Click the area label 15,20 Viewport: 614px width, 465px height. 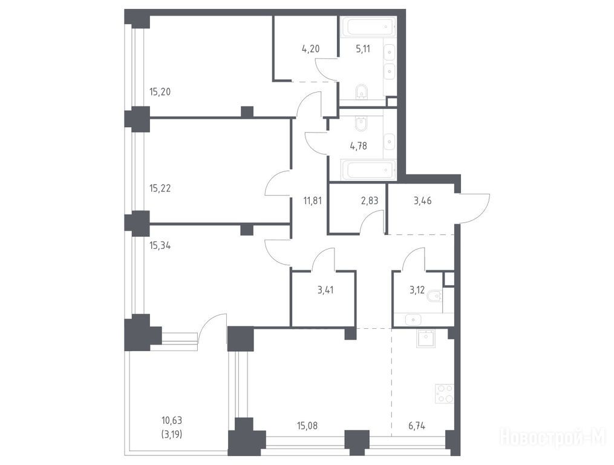[x=160, y=92]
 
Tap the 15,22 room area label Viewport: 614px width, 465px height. [x=160, y=188]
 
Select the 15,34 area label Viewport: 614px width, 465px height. [x=160, y=246]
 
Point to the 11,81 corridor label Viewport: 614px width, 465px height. [x=312, y=201]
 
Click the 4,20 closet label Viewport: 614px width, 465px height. [x=310, y=49]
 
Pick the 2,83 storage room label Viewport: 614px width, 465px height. [x=369, y=201]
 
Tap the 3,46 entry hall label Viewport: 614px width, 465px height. [x=422, y=201]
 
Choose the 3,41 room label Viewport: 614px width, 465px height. [x=326, y=291]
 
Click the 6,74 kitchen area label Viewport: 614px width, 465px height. [x=417, y=426]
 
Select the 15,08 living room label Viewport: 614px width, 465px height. [x=307, y=426]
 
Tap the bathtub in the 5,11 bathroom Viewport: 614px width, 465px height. [x=367, y=27]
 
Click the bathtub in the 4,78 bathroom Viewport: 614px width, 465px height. [x=367, y=170]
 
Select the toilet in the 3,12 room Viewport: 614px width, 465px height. [x=435, y=295]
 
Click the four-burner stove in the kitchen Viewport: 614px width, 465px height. [x=445, y=394]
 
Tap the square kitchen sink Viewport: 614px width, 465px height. [x=426, y=338]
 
